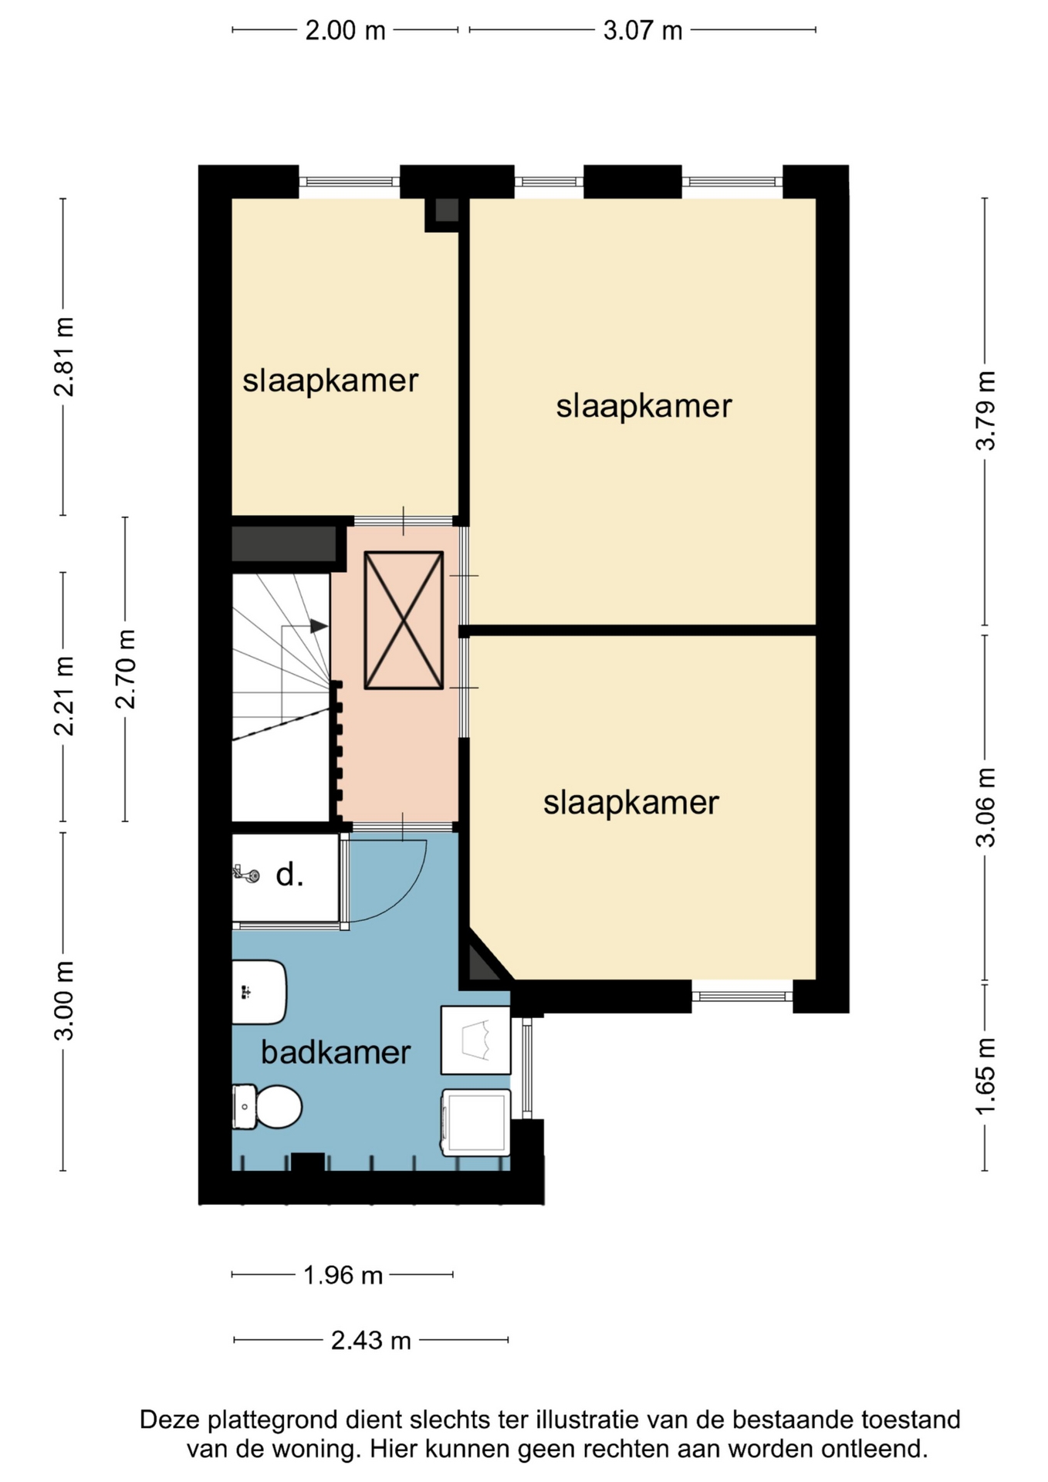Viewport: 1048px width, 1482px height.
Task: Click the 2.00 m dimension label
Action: pyautogui.click(x=345, y=30)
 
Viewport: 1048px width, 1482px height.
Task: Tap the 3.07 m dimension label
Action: pyautogui.click(x=643, y=30)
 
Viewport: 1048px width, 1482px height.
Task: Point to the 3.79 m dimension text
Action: pyautogui.click(x=985, y=411)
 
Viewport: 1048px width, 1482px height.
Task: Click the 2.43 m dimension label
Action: pyautogui.click(x=371, y=1341)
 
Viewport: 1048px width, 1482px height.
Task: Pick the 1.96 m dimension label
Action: pyautogui.click(x=343, y=1275)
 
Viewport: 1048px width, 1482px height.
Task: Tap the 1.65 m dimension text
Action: pyautogui.click(x=985, y=1076)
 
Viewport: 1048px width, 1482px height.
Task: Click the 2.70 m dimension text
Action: pyautogui.click(x=125, y=669)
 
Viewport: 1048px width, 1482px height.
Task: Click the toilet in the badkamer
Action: pyautogui.click(x=266, y=1106)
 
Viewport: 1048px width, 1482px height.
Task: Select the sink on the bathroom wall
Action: pyautogui.click(x=259, y=992)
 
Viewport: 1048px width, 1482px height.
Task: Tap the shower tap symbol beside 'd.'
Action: pyautogui.click(x=246, y=874)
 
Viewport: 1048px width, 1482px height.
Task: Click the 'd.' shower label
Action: pyautogui.click(x=289, y=875)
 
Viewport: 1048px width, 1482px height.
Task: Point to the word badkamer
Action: pyautogui.click(x=336, y=1052)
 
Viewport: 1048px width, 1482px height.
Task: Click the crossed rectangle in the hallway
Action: pyautogui.click(x=404, y=620)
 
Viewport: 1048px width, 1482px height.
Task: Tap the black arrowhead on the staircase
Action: pyautogui.click(x=319, y=626)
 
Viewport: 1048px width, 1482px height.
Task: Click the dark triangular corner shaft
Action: pyautogui.click(x=478, y=963)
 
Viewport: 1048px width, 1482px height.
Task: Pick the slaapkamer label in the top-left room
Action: pyautogui.click(x=330, y=381)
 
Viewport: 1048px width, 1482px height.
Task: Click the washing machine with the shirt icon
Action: pyautogui.click(x=475, y=1040)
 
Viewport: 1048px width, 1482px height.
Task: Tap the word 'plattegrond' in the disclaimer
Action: pyautogui.click(x=273, y=1419)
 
